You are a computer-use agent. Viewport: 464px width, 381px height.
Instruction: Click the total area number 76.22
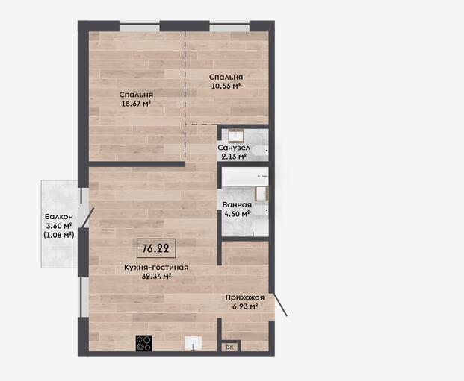pos(155,248)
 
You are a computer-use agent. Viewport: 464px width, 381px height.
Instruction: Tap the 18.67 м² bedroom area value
pos(136,104)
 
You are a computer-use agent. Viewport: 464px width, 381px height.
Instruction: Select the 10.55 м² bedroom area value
pos(226,86)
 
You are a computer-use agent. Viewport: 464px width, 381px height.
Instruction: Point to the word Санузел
pos(234,148)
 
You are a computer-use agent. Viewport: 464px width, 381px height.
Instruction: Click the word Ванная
pos(237,204)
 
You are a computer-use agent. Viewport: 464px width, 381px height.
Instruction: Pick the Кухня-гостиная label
pos(156,268)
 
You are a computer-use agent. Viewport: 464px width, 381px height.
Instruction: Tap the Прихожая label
pos(245,297)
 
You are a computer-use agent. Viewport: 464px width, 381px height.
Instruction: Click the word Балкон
pos(59,216)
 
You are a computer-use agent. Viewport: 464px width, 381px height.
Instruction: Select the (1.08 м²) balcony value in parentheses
pos(59,235)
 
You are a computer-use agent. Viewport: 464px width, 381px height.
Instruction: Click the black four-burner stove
pos(143,343)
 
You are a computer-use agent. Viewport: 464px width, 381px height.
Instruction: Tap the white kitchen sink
pos(193,343)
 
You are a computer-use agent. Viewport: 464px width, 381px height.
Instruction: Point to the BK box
pos(229,347)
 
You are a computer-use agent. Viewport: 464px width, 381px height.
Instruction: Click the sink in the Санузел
pos(236,136)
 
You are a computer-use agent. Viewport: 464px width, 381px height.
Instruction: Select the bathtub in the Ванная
pos(245,177)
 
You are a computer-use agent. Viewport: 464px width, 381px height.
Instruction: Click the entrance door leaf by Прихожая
pos(280,304)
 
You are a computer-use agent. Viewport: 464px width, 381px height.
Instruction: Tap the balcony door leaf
pos(88,218)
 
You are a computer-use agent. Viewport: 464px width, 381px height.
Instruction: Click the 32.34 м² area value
pos(157,277)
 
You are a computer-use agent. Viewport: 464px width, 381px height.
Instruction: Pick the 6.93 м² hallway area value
pos(245,306)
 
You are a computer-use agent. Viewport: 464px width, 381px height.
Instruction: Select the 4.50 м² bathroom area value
pos(237,213)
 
